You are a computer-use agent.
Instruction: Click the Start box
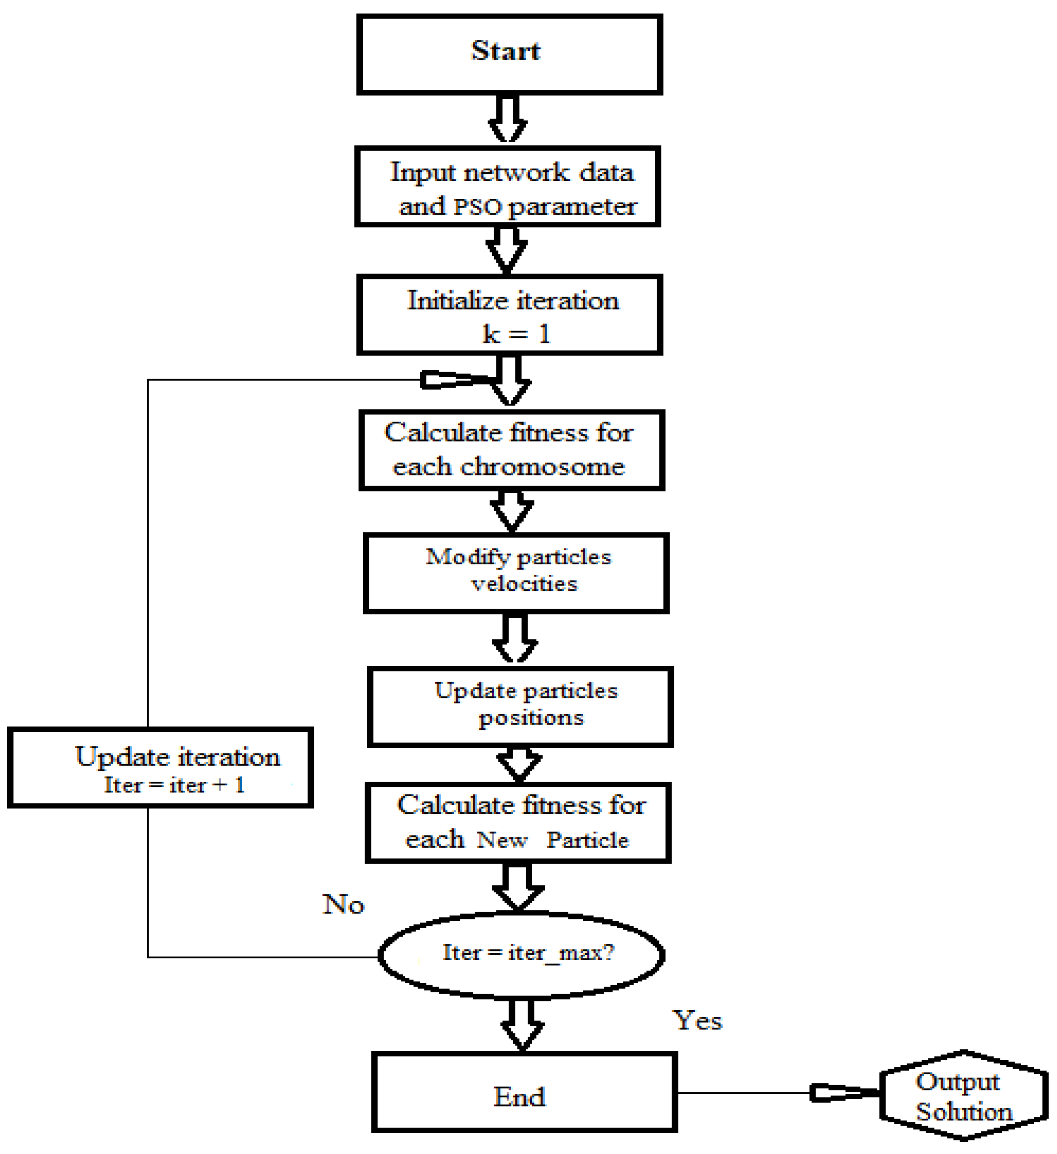click(x=509, y=54)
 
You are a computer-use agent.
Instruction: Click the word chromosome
click(x=543, y=466)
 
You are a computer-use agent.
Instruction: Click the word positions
click(x=531, y=717)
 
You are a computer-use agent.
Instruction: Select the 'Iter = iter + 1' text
click(x=174, y=785)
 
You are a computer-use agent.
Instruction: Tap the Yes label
click(x=697, y=1021)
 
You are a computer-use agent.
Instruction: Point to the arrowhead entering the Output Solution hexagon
click(x=844, y=1093)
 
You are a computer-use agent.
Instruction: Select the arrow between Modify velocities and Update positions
click(x=514, y=638)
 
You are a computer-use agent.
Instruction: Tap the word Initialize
click(x=458, y=301)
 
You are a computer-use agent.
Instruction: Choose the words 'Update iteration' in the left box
click(x=178, y=757)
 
